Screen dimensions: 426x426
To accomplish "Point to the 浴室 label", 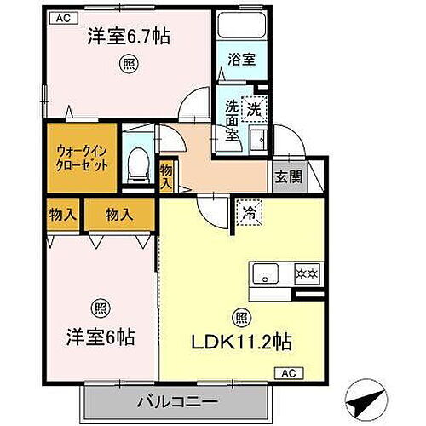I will [x=241, y=59].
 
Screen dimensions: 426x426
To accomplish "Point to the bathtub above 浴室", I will [x=241, y=26].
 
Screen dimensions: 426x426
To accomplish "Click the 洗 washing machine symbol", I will [x=255, y=108].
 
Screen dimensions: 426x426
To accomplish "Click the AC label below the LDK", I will [x=288, y=373].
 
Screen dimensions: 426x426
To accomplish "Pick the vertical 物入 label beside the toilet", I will [x=166, y=177].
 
